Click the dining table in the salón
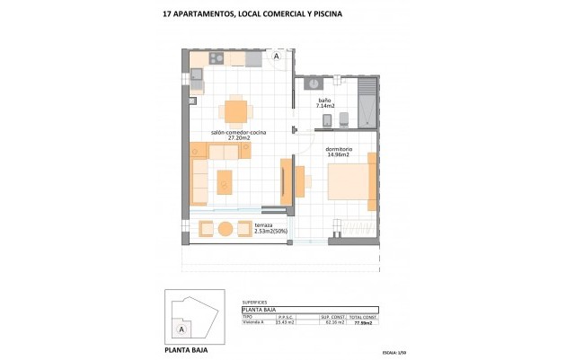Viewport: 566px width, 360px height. [235, 111]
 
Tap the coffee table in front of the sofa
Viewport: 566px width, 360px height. [225, 182]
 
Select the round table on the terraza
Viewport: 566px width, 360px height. [226, 228]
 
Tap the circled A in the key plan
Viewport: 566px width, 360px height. [182, 329]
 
